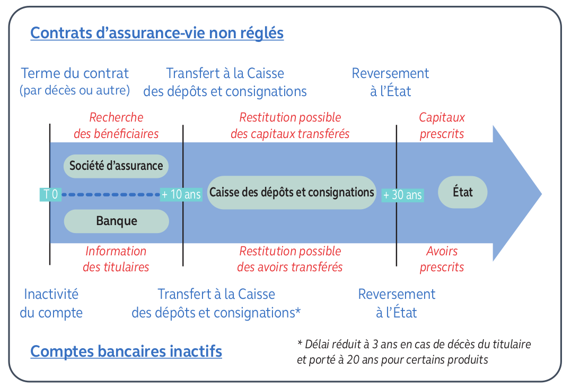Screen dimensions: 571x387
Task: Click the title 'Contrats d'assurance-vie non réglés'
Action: pos(157,33)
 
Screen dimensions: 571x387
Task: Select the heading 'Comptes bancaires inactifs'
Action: pos(126,351)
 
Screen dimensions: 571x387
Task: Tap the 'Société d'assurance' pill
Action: pos(116,166)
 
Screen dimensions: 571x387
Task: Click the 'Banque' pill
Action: pos(117,221)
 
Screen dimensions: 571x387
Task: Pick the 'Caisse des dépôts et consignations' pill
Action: pos(292,192)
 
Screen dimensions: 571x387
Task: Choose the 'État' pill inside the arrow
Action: pos(462,192)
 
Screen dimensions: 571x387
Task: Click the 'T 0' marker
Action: pos(50,194)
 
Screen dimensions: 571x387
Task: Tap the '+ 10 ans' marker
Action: pos(181,194)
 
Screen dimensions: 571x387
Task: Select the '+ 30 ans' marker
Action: pos(402,195)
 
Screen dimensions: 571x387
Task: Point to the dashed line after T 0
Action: pos(111,194)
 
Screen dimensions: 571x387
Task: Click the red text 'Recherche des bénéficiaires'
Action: pos(116,125)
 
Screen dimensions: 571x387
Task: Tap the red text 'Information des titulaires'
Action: pos(116,259)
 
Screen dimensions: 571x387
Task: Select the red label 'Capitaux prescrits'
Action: pos(442,125)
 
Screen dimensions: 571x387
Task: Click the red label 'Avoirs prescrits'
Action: pos(442,259)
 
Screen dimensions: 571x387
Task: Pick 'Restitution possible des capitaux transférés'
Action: pos(290,125)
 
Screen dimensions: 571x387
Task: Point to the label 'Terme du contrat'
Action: pos(75,73)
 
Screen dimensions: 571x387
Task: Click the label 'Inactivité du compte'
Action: pos(51,303)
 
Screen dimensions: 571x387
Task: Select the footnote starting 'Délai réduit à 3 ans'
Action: pos(414,351)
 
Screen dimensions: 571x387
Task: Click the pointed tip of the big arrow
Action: pos(541,194)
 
